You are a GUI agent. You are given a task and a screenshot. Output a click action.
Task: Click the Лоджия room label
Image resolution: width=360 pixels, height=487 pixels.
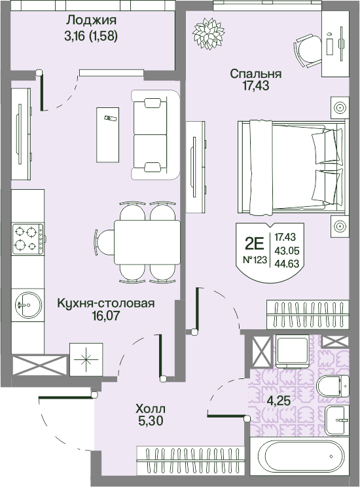92,20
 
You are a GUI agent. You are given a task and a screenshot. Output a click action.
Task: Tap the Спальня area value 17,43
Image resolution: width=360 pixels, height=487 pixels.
256,86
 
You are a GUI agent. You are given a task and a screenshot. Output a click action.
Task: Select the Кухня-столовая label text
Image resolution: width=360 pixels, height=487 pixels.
106,303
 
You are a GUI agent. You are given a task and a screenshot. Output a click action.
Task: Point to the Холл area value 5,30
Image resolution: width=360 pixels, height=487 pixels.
151,421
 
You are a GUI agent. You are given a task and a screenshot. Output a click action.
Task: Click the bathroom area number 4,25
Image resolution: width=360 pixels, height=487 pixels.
279,401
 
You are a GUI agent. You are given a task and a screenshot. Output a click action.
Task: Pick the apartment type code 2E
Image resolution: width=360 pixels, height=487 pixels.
255,243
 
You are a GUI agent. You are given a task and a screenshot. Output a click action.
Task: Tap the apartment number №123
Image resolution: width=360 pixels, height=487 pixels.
255,260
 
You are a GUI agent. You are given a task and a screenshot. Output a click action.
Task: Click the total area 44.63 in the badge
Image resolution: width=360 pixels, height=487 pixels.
287,264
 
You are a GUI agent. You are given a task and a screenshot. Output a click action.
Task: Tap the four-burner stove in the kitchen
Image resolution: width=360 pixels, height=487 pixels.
27,239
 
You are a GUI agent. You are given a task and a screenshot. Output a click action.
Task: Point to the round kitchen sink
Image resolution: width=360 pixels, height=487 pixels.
28,304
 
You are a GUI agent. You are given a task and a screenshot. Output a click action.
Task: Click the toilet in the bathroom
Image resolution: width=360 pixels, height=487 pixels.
333,386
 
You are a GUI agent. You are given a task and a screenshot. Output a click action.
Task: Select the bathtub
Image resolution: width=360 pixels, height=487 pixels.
299,457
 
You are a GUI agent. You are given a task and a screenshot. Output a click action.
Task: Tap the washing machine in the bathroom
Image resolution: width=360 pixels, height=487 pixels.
292,351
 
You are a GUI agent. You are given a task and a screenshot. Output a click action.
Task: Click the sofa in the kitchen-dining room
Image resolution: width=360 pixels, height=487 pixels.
155,134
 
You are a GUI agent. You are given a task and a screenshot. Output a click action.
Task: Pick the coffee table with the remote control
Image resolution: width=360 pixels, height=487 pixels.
108,135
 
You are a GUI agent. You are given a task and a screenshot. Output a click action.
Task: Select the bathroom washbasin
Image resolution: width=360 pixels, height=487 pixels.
337,420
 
